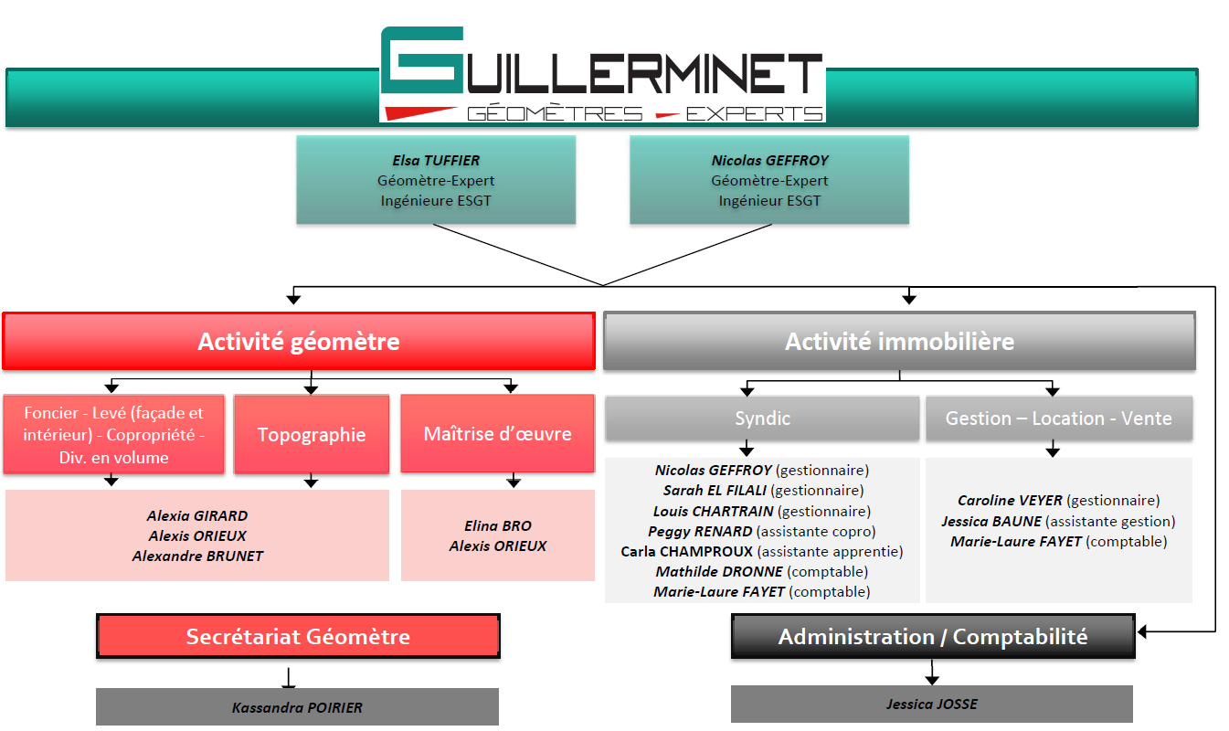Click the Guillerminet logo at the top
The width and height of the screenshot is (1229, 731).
(x=602, y=75)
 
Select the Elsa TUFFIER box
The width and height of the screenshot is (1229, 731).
(x=436, y=180)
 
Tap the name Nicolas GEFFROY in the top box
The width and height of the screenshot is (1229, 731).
(x=769, y=161)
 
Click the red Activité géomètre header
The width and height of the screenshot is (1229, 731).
(x=299, y=342)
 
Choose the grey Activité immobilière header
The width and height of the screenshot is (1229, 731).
(x=899, y=342)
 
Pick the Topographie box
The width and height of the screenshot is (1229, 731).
(x=312, y=435)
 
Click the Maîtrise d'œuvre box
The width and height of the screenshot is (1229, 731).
(x=498, y=434)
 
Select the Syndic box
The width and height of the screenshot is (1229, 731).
(x=762, y=418)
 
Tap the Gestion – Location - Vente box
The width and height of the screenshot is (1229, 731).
(x=1058, y=418)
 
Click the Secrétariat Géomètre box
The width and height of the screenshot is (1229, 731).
(x=298, y=637)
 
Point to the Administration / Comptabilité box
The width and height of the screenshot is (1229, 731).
(x=933, y=637)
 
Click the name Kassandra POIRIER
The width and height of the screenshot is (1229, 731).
(x=297, y=707)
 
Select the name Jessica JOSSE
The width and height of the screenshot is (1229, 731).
(x=932, y=705)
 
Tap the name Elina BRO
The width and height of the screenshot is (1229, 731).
(x=497, y=526)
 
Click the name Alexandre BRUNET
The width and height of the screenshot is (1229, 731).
(x=197, y=556)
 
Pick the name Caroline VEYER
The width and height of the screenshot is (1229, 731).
(x=1010, y=501)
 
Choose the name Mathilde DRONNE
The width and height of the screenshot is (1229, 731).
(x=718, y=572)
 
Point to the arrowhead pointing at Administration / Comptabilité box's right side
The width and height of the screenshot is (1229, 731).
(x=1142, y=631)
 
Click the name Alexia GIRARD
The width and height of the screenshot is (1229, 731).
(x=197, y=515)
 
